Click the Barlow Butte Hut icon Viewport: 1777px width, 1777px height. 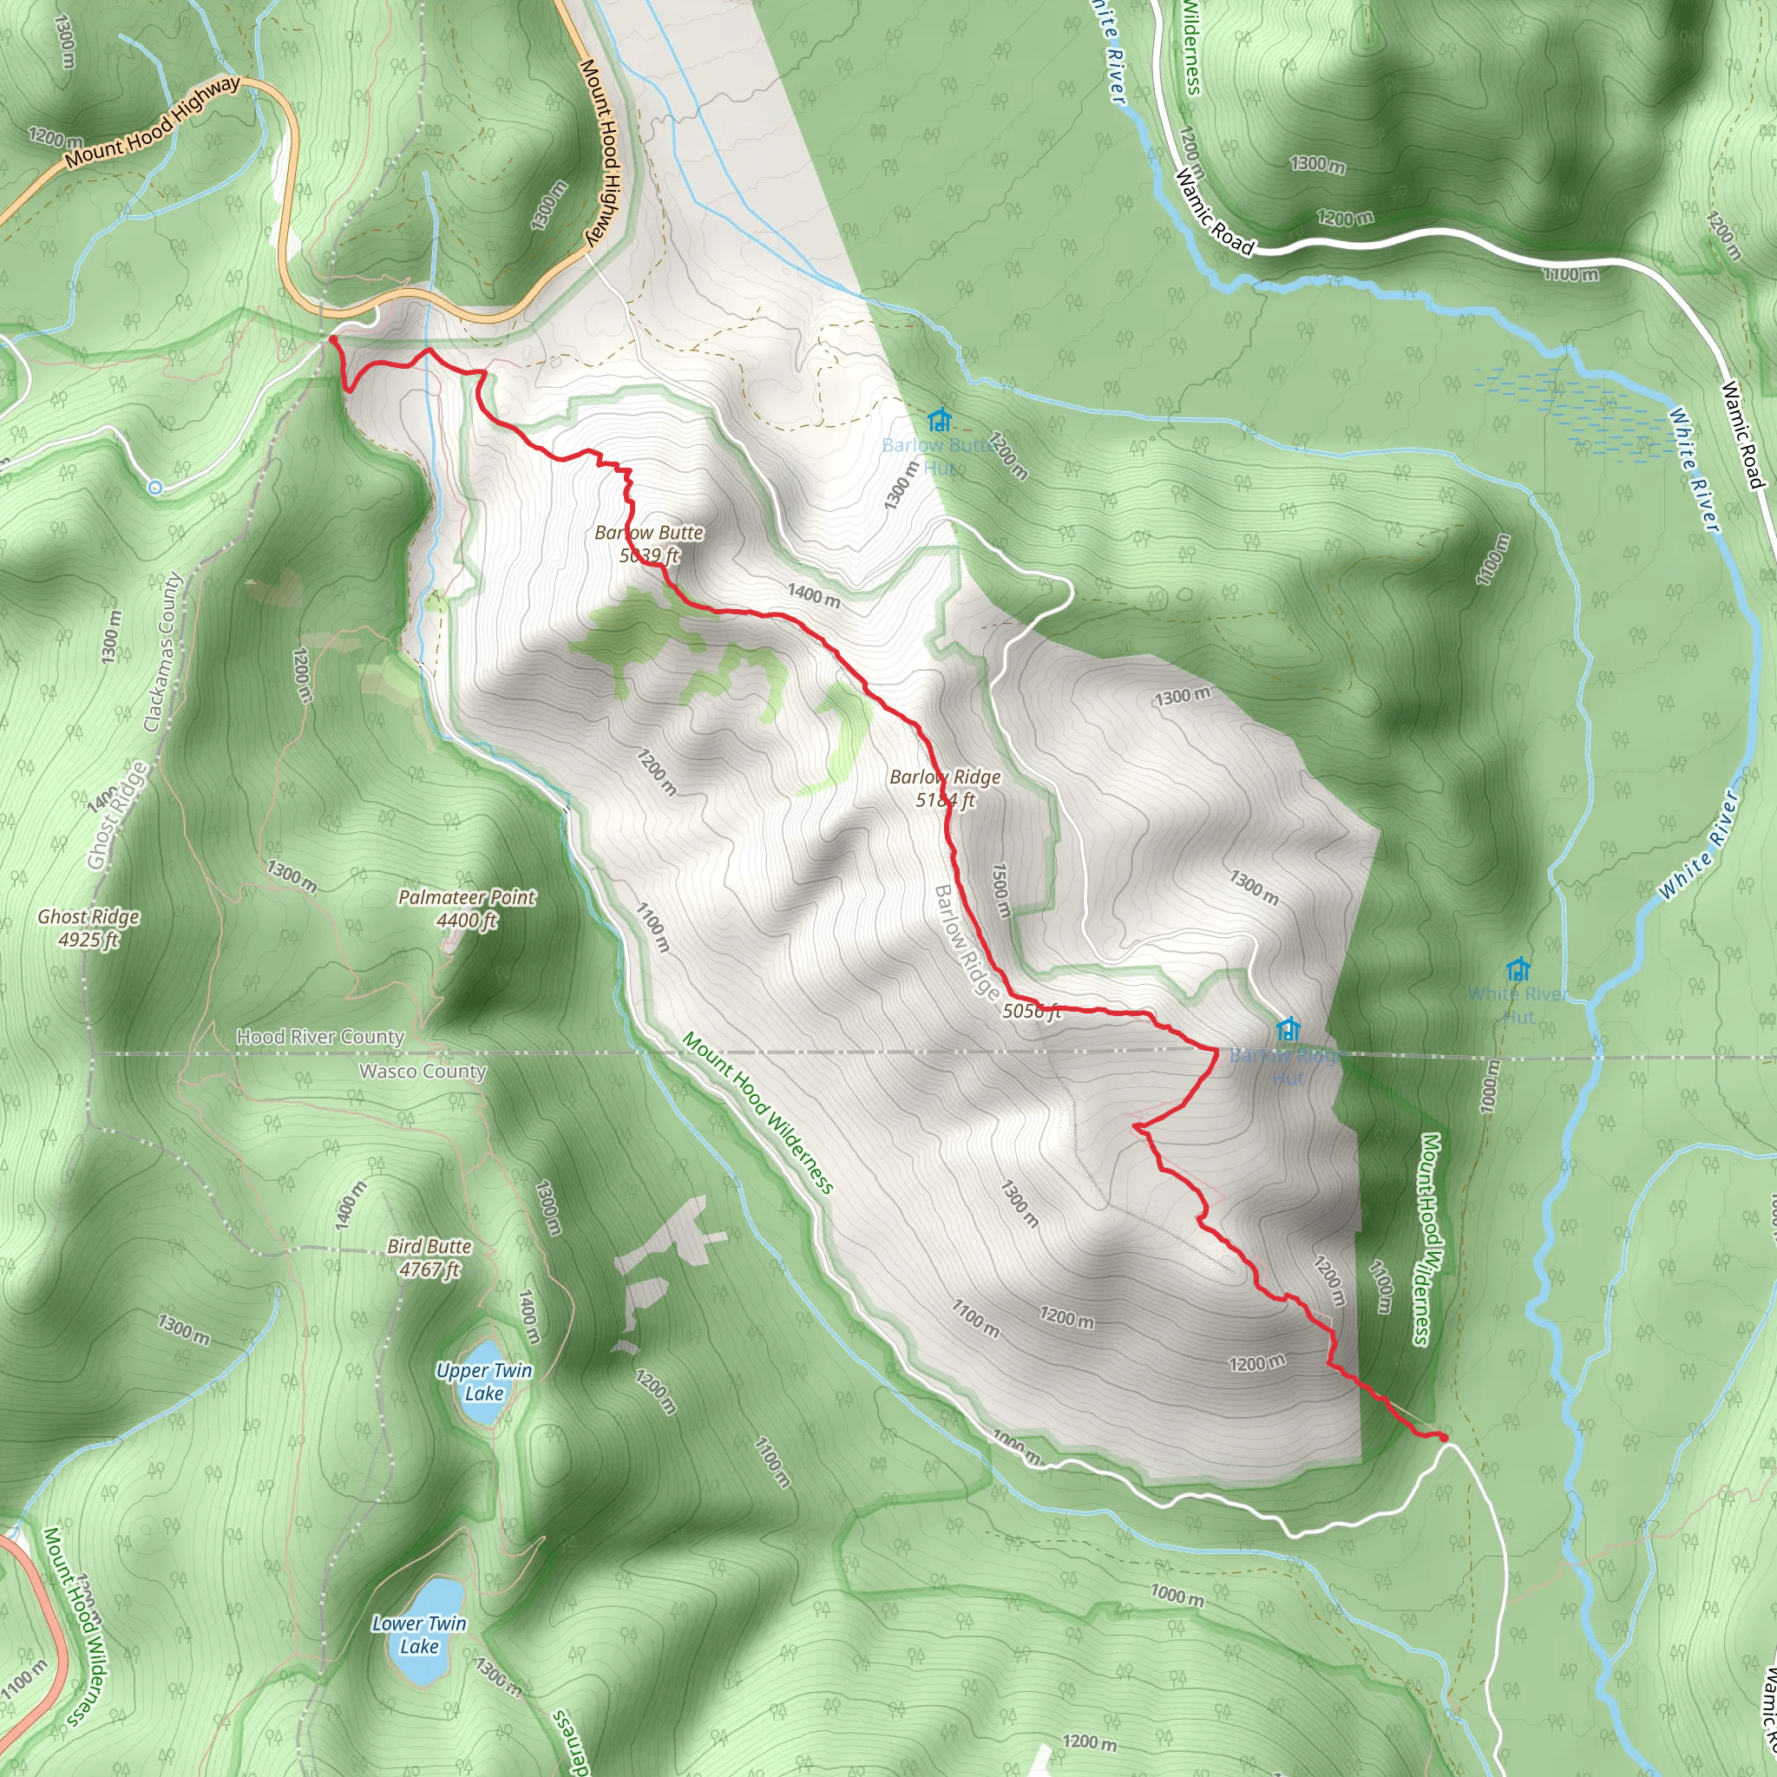pos(938,420)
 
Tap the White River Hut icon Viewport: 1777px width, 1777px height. pos(1518,968)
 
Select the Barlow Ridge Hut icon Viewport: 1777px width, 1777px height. pos(1288,1028)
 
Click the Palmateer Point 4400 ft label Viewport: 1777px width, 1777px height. pos(466,908)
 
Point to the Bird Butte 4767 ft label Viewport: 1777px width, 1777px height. pos(429,1257)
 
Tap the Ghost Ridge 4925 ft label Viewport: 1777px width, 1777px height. pos(89,928)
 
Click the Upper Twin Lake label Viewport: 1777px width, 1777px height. pos(484,1381)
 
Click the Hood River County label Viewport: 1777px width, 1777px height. pos(320,1037)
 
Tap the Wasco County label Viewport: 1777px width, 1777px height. pos(423,1071)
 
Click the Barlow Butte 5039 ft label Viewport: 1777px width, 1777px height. pos(649,543)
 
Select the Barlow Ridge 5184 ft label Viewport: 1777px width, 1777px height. pos(945,788)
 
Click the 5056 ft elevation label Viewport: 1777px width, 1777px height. pos(1031,1011)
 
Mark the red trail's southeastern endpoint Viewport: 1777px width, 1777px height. pos(1443,1437)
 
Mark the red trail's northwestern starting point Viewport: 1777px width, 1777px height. pos(332,339)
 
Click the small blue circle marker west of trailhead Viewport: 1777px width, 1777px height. pos(155,488)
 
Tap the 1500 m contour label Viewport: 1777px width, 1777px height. pos(1000,890)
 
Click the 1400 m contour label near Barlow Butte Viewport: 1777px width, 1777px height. pos(813,596)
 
